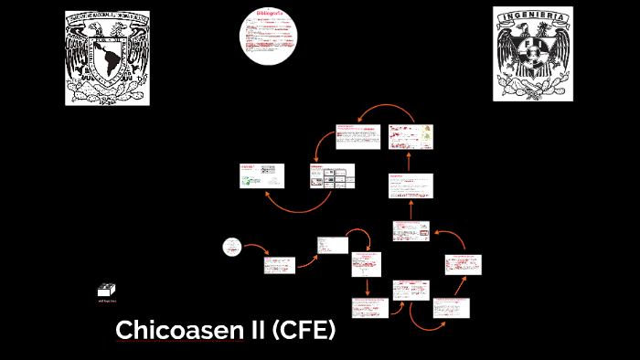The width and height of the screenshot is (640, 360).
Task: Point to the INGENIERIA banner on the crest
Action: click(532, 16)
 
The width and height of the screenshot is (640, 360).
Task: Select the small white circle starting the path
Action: click(232, 247)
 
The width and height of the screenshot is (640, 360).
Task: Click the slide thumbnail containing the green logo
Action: click(261, 176)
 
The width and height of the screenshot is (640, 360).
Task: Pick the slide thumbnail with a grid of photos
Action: click(332, 176)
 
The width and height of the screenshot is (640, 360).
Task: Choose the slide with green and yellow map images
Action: click(411, 136)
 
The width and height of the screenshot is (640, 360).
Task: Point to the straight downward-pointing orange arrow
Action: click(367, 286)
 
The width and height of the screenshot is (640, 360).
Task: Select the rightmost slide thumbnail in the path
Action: click(463, 265)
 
